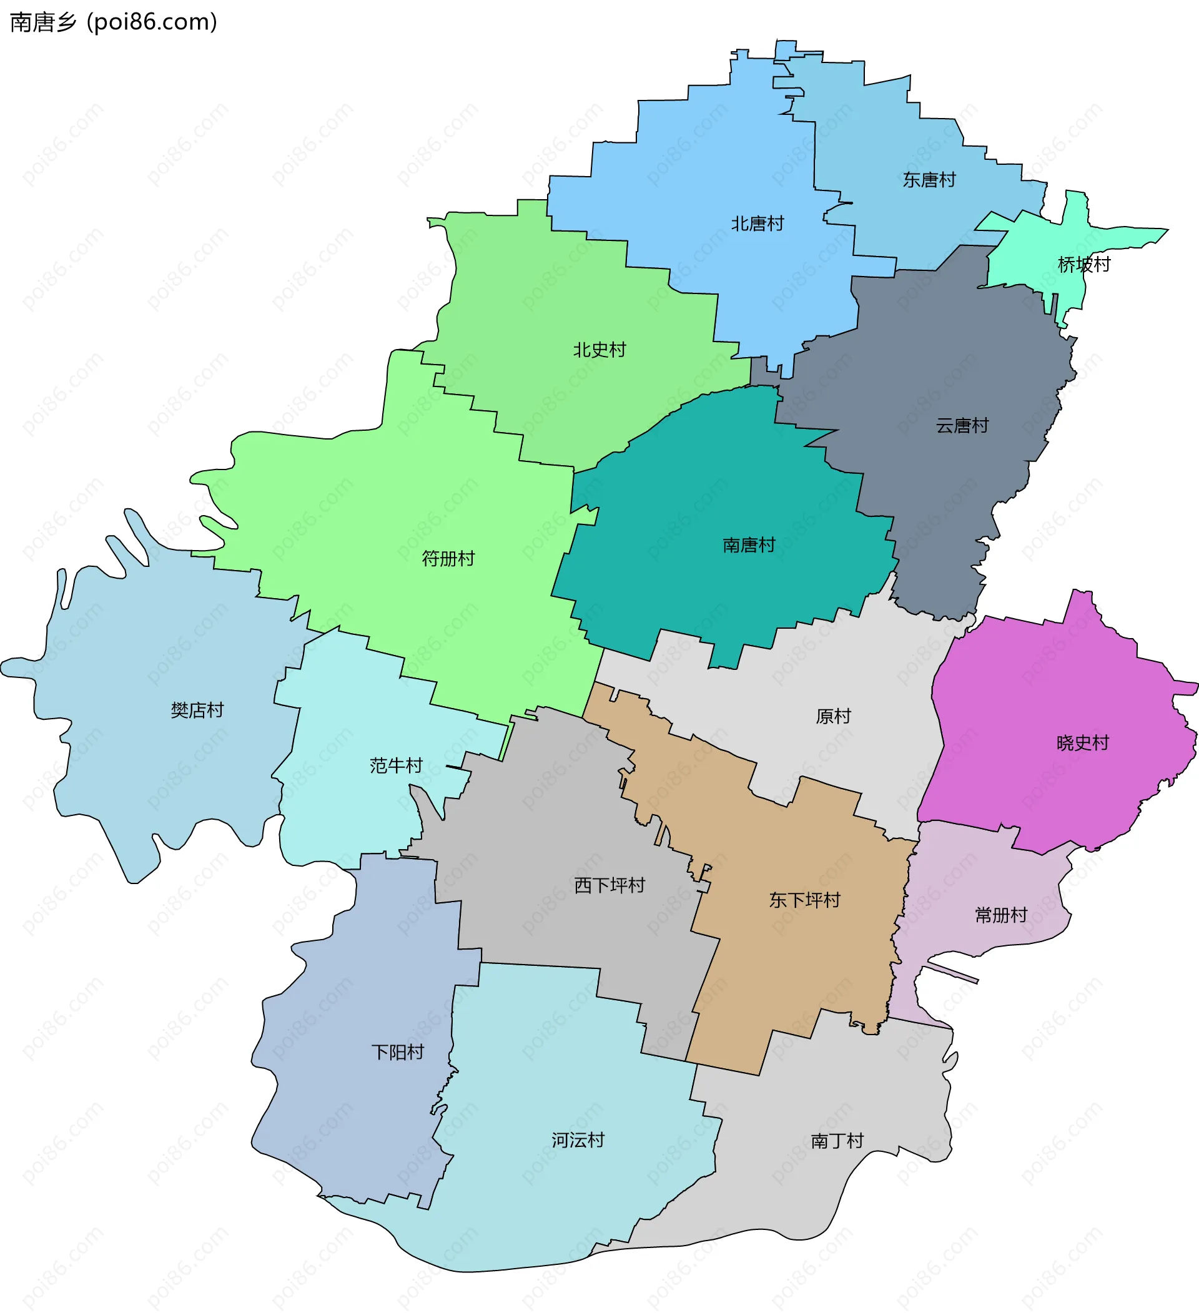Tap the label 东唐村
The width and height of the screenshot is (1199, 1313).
click(x=929, y=180)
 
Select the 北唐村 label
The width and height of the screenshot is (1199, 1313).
click(x=757, y=224)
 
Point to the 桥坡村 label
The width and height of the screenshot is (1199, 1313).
click(x=1083, y=265)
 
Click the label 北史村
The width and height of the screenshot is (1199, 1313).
click(x=599, y=350)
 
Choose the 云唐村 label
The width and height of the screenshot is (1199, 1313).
click(x=962, y=426)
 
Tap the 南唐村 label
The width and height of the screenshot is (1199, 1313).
click(x=749, y=545)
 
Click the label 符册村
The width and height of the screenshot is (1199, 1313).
click(x=448, y=559)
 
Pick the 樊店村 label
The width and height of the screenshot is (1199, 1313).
click(x=197, y=710)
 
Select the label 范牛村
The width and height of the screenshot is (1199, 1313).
click(x=396, y=765)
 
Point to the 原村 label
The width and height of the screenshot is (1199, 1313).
click(x=833, y=716)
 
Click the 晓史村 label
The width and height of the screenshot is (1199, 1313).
click(x=1082, y=743)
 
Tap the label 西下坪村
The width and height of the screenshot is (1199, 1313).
click(x=609, y=885)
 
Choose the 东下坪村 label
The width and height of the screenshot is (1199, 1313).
click(x=804, y=900)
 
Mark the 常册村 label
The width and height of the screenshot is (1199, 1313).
click(x=1000, y=915)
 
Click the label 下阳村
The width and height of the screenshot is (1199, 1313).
click(x=397, y=1052)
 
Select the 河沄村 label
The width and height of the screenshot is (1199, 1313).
click(x=578, y=1140)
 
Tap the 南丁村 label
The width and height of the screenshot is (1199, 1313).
click(x=837, y=1141)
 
